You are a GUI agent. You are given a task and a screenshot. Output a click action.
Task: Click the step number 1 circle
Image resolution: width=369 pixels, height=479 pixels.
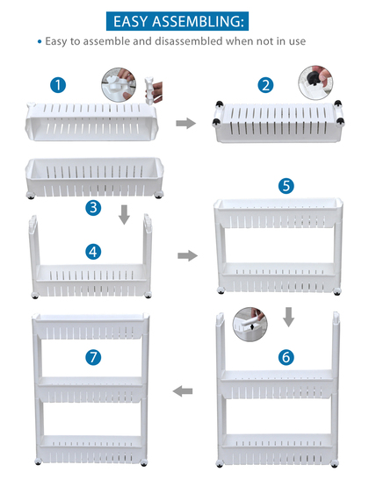pos(58,85)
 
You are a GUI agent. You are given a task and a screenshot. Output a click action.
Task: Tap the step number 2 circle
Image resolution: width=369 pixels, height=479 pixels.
pos(265,85)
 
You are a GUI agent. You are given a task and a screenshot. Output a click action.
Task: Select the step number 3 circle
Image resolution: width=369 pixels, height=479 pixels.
pos(93,208)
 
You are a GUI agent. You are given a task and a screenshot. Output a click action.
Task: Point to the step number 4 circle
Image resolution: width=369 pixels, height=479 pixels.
pos(93,252)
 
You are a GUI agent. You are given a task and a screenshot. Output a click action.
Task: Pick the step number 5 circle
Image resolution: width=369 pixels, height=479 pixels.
pos(286,186)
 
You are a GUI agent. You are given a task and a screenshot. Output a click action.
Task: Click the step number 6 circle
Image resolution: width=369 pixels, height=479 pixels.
pos(286,357)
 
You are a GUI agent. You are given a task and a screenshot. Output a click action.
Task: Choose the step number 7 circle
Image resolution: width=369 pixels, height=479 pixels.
pos(93,357)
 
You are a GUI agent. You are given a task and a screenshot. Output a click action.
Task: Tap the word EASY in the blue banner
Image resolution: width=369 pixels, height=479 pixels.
pos(131,21)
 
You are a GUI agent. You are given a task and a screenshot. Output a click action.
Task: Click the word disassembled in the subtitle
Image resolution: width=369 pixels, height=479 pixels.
pos(188,41)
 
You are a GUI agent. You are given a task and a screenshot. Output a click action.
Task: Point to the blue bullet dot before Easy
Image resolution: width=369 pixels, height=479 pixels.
pos(40,41)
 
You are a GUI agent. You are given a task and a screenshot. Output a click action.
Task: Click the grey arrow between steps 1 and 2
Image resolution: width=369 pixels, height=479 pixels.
pos(185,124)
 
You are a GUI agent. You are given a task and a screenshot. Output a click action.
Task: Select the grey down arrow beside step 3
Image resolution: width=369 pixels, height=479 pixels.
pos(124,215)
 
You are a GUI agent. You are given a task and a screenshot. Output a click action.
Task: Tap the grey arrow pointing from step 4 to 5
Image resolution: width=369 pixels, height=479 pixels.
pos(187,255)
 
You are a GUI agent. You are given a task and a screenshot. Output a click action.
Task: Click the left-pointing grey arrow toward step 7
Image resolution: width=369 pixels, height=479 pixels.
pos(183,391)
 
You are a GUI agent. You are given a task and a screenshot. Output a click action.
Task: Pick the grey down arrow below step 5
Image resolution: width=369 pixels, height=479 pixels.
pos(288,317)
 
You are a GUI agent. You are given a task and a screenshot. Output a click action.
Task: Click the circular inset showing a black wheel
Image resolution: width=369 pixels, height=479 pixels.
pos(315,82)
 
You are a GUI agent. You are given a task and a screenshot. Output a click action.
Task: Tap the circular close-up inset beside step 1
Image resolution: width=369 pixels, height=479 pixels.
pos(119,84)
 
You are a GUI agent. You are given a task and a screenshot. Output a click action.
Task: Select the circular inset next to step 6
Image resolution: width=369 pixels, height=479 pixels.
pos(250,324)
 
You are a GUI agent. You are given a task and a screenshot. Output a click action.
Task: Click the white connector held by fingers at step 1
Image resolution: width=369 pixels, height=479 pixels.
pos(149,90)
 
